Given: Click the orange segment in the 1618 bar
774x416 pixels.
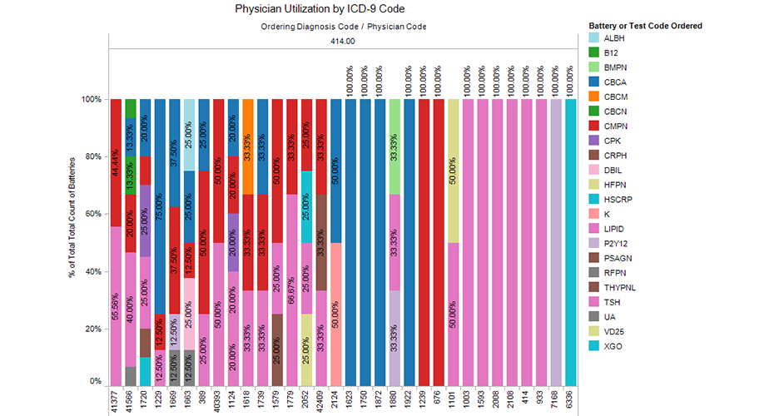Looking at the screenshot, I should coord(248,146).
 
